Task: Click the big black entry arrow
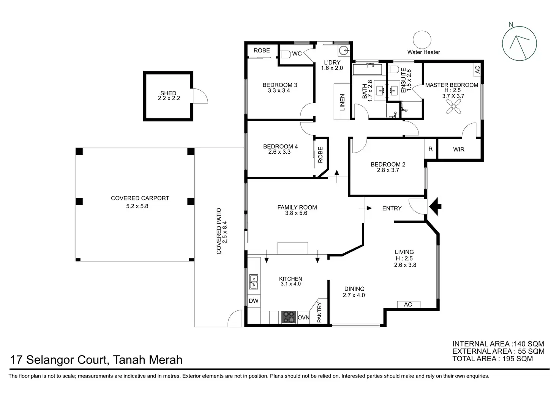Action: click(x=436, y=207)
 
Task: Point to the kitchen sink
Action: click(x=253, y=282)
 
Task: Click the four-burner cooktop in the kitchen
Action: click(x=289, y=317)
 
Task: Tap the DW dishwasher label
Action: click(x=253, y=301)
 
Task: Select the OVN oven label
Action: click(x=303, y=318)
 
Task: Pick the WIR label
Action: click(x=459, y=150)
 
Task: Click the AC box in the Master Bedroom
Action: click(x=477, y=69)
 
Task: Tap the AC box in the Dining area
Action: click(x=408, y=304)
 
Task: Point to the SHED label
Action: click(x=168, y=93)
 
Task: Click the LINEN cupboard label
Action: click(x=342, y=102)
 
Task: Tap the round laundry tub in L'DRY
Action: click(x=344, y=50)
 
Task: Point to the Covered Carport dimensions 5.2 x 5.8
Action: click(x=140, y=206)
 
